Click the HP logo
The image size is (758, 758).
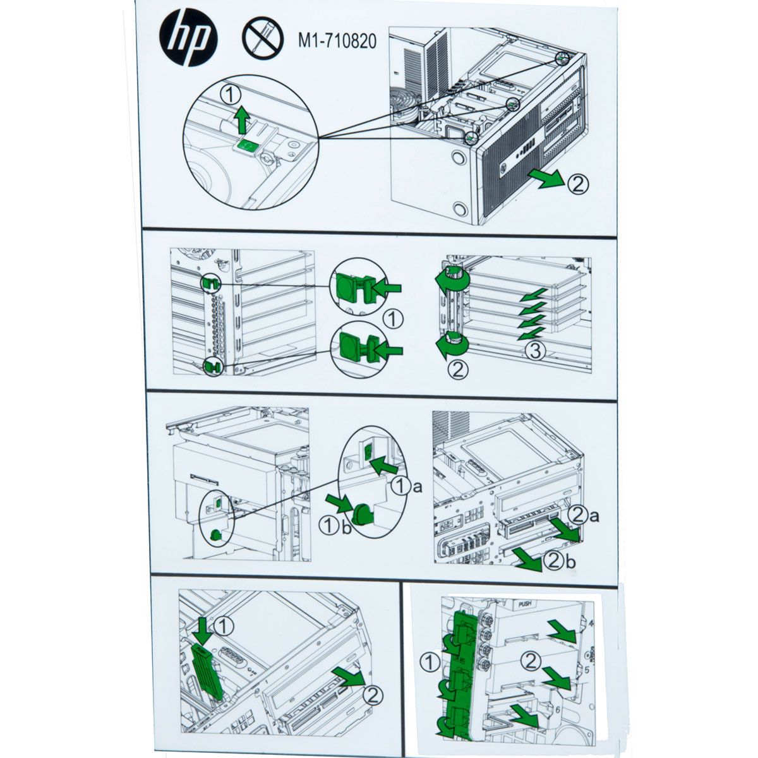click(188, 42)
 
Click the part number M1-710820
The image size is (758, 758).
click(337, 41)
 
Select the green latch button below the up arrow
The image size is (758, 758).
click(246, 146)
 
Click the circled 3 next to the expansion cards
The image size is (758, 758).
click(536, 351)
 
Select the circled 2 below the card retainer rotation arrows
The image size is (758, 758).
click(458, 370)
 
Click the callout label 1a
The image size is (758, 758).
click(407, 486)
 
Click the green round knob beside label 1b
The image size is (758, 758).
click(364, 515)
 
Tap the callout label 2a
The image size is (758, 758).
click(584, 515)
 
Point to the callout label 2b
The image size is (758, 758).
click(560, 561)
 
